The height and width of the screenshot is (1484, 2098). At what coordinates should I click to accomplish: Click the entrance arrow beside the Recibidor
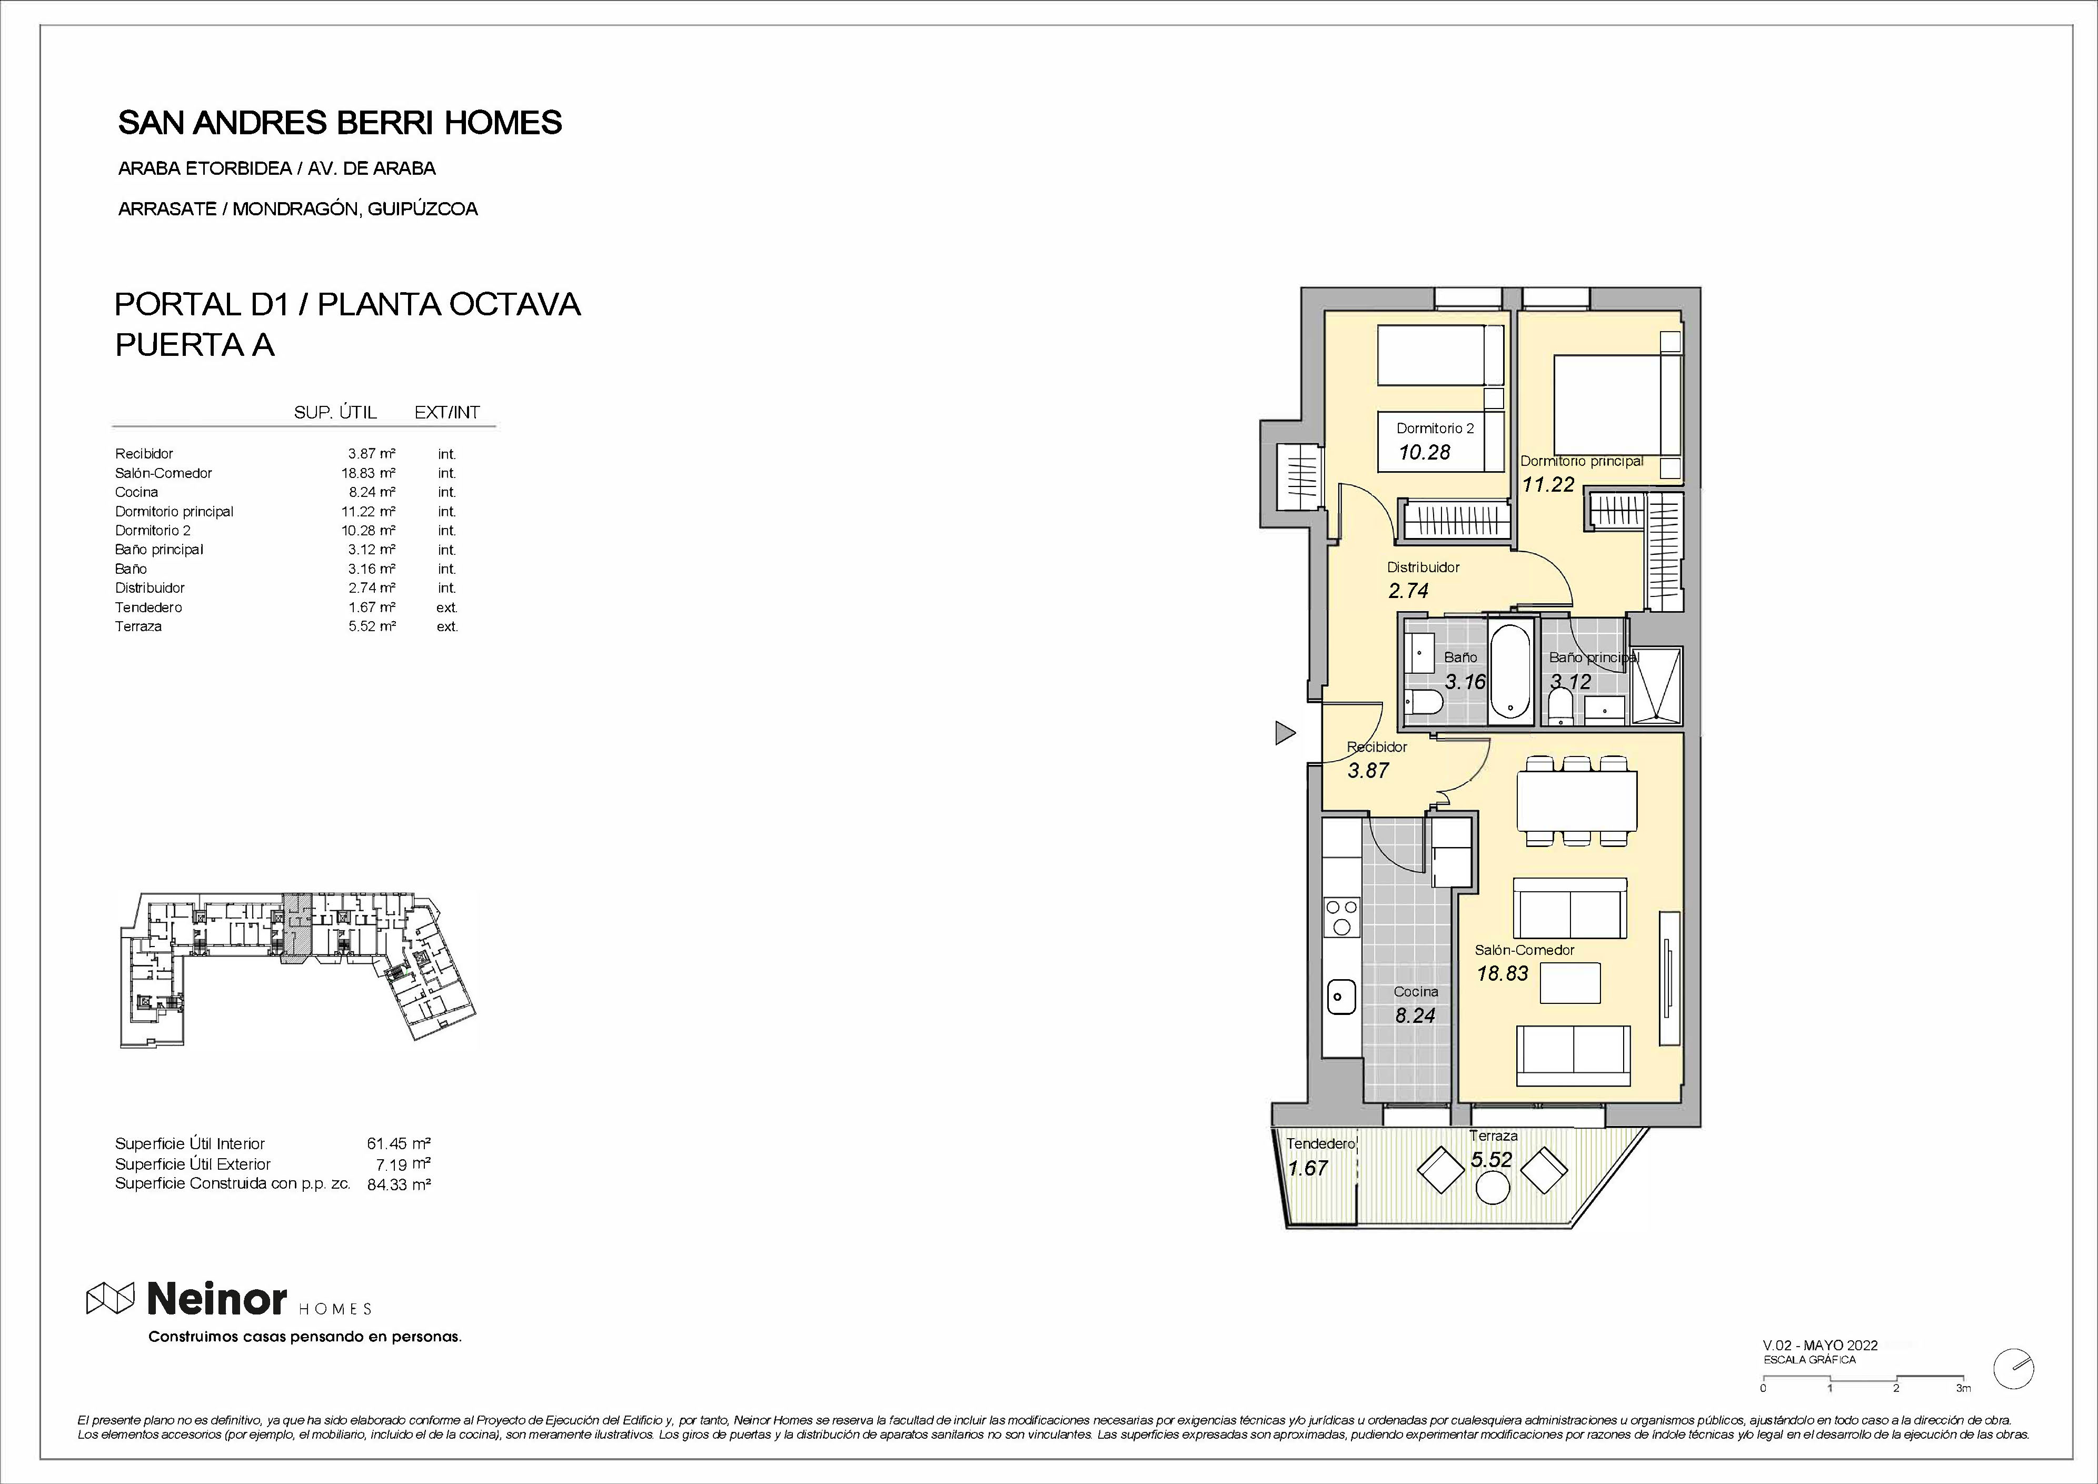[x=1285, y=733]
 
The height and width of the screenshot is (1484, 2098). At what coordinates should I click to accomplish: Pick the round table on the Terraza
[x=1493, y=1189]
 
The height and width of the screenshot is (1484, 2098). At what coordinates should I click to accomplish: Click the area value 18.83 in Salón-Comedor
[x=1502, y=974]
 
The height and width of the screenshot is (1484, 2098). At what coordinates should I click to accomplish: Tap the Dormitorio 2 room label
[x=1435, y=427]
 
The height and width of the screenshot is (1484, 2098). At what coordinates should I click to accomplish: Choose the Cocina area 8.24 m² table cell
[x=372, y=492]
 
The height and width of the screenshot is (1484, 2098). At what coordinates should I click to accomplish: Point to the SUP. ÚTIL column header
[x=335, y=412]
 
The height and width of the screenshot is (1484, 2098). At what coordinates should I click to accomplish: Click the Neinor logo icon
[x=111, y=1298]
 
